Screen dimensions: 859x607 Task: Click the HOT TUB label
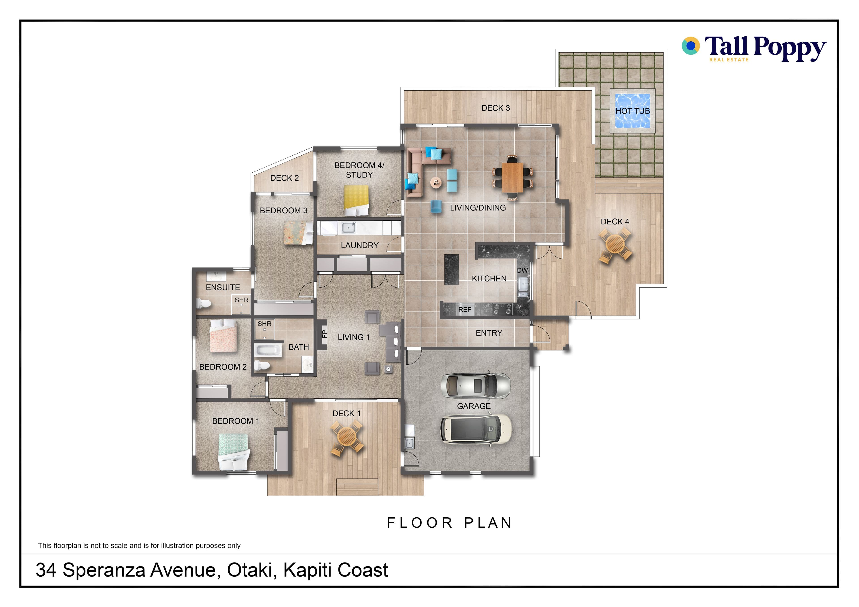coord(633,111)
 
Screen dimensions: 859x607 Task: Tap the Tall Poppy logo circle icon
coord(691,46)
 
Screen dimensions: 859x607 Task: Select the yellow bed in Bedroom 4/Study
coord(356,201)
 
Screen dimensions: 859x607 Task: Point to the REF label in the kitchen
coord(465,310)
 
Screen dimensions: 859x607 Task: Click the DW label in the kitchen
coord(522,270)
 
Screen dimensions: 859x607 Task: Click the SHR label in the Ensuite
coord(242,300)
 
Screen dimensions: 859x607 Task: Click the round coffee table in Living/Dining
coord(436,182)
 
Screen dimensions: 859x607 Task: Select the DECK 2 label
coord(284,178)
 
